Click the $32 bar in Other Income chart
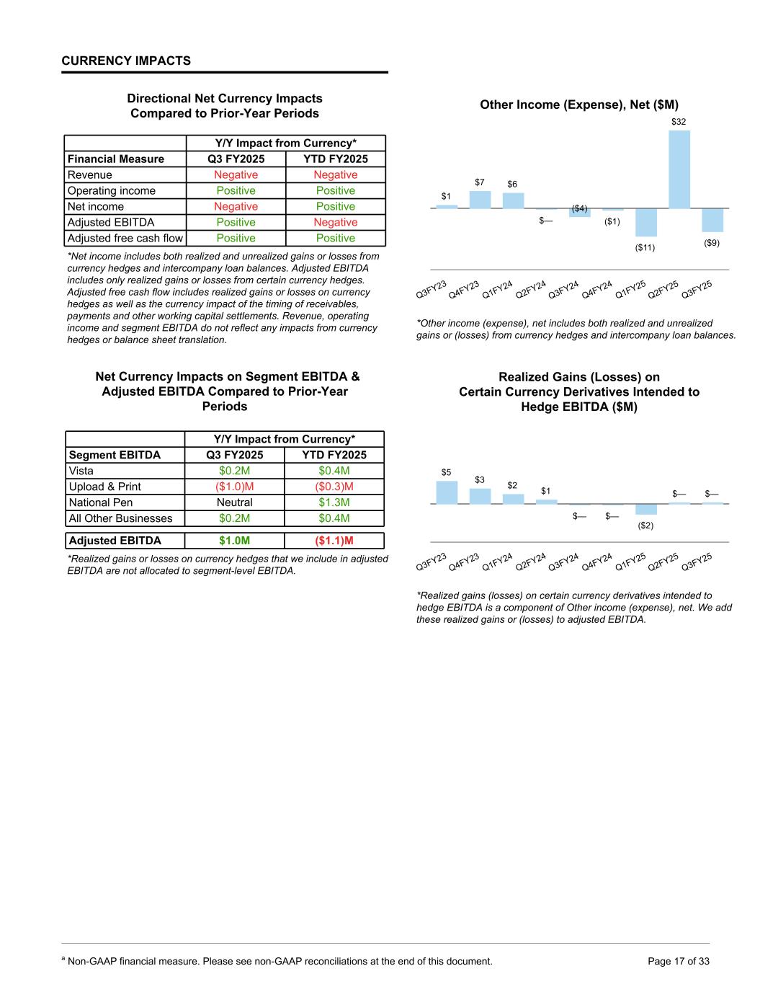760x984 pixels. (x=679, y=169)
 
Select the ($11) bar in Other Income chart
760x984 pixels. (x=645, y=222)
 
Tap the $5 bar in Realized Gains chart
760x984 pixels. (x=447, y=492)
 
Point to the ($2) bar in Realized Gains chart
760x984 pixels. (x=645, y=509)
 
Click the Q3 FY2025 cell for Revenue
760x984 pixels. (x=236, y=175)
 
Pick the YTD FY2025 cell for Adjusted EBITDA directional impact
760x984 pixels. (x=335, y=223)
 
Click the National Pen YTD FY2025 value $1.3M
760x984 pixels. (x=334, y=502)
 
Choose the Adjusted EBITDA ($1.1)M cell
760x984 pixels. (x=334, y=541)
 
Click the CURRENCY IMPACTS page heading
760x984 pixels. (x=126, y=61)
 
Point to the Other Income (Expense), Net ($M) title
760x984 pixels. (x=579, y=105)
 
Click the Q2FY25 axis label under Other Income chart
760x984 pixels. (x=663, y=289)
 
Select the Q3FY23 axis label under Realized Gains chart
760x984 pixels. (x=432, y=562)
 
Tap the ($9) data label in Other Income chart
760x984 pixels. (x=711, y=243)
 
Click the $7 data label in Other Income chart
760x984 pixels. (x=480, y=182)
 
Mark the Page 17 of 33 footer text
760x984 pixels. (x=679, y=961)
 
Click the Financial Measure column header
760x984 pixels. (x=116, y=159)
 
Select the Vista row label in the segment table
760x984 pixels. (x=81, y=471)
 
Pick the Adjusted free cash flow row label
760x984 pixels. (x=125, y=239)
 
